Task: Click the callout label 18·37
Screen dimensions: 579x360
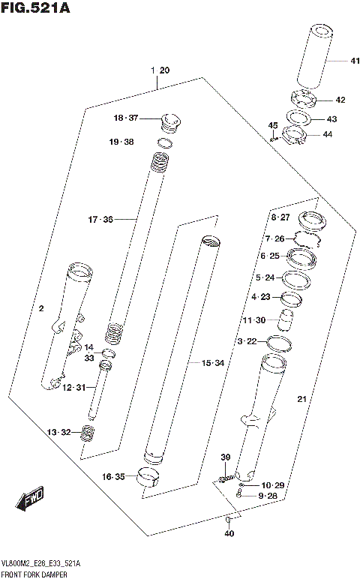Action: click(127, 118)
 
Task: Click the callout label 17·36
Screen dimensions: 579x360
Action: click(100, 220)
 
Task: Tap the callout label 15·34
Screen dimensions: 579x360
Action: click(213, 363)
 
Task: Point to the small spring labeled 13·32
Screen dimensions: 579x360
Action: click(88, 433)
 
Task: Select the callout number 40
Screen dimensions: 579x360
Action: click(229, 533)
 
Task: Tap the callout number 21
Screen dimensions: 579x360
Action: click(301, 397)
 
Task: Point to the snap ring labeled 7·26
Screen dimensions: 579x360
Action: click(307, 240)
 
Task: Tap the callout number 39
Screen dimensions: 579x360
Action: click(224, 457)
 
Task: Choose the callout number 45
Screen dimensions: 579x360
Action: click(273, 125)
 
